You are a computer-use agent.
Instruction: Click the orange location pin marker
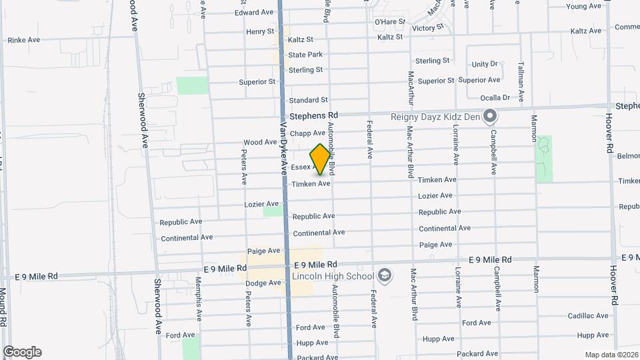point(321,159)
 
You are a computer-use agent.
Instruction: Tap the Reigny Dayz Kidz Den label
point(435,117)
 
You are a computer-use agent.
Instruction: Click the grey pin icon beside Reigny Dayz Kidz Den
point(490,117)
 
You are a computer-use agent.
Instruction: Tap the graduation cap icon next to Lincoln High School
point(385,275)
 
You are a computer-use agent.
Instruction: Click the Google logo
point(22,352)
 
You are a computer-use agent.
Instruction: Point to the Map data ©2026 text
point(612,354)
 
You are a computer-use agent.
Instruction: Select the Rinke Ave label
point(24,40)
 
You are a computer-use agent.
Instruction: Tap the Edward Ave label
point(254,12)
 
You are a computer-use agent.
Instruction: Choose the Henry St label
point(260,31)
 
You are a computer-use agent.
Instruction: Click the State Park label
point(305,55)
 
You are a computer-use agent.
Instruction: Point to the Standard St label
point(308,100)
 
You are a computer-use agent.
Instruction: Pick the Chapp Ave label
point(307,133)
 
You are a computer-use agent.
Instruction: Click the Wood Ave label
point(260,142)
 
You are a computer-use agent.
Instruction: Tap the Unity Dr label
point(485,64)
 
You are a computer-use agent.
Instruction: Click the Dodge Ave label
point(263,283)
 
